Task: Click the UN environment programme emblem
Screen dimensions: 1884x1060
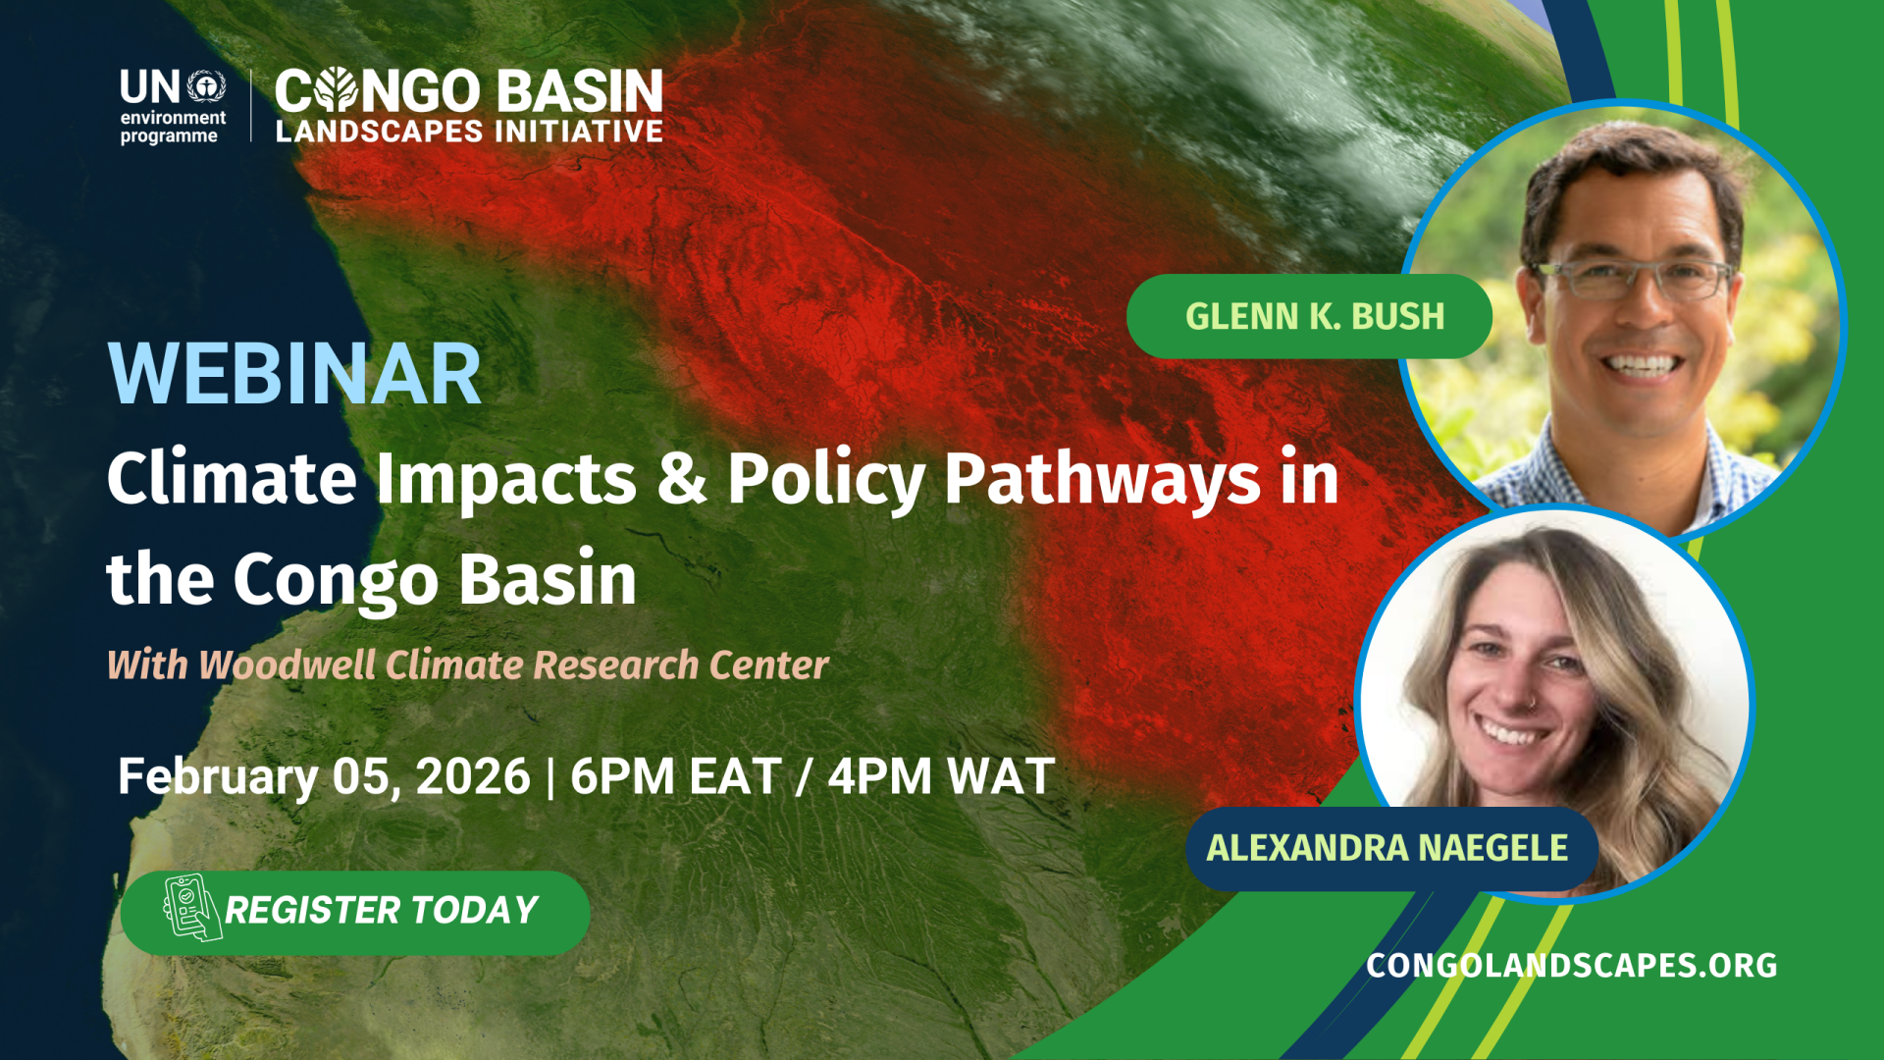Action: click(x=206, y=86)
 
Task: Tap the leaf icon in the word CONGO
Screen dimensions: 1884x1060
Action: click(x=337, y=90)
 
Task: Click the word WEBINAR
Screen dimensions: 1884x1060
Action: click(x=294, y=374)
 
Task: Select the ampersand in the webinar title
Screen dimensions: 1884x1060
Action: click(x=682, y=478)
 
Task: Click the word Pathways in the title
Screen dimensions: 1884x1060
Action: click(x=1102, y=481)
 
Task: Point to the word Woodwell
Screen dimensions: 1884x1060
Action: click(x=288, y=664)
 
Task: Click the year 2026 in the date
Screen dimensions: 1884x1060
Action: click(x=473, y=776)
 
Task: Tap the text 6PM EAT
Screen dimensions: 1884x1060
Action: click(x=676, y=776)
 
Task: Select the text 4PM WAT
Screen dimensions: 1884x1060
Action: click(x=941, y=776)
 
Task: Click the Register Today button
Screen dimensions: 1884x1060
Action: click(x=355, y=913)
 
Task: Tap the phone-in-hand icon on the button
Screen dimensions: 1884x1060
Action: click(x=191, y=908)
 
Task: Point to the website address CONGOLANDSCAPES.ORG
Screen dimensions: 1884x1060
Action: click(x=1571, y=965)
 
